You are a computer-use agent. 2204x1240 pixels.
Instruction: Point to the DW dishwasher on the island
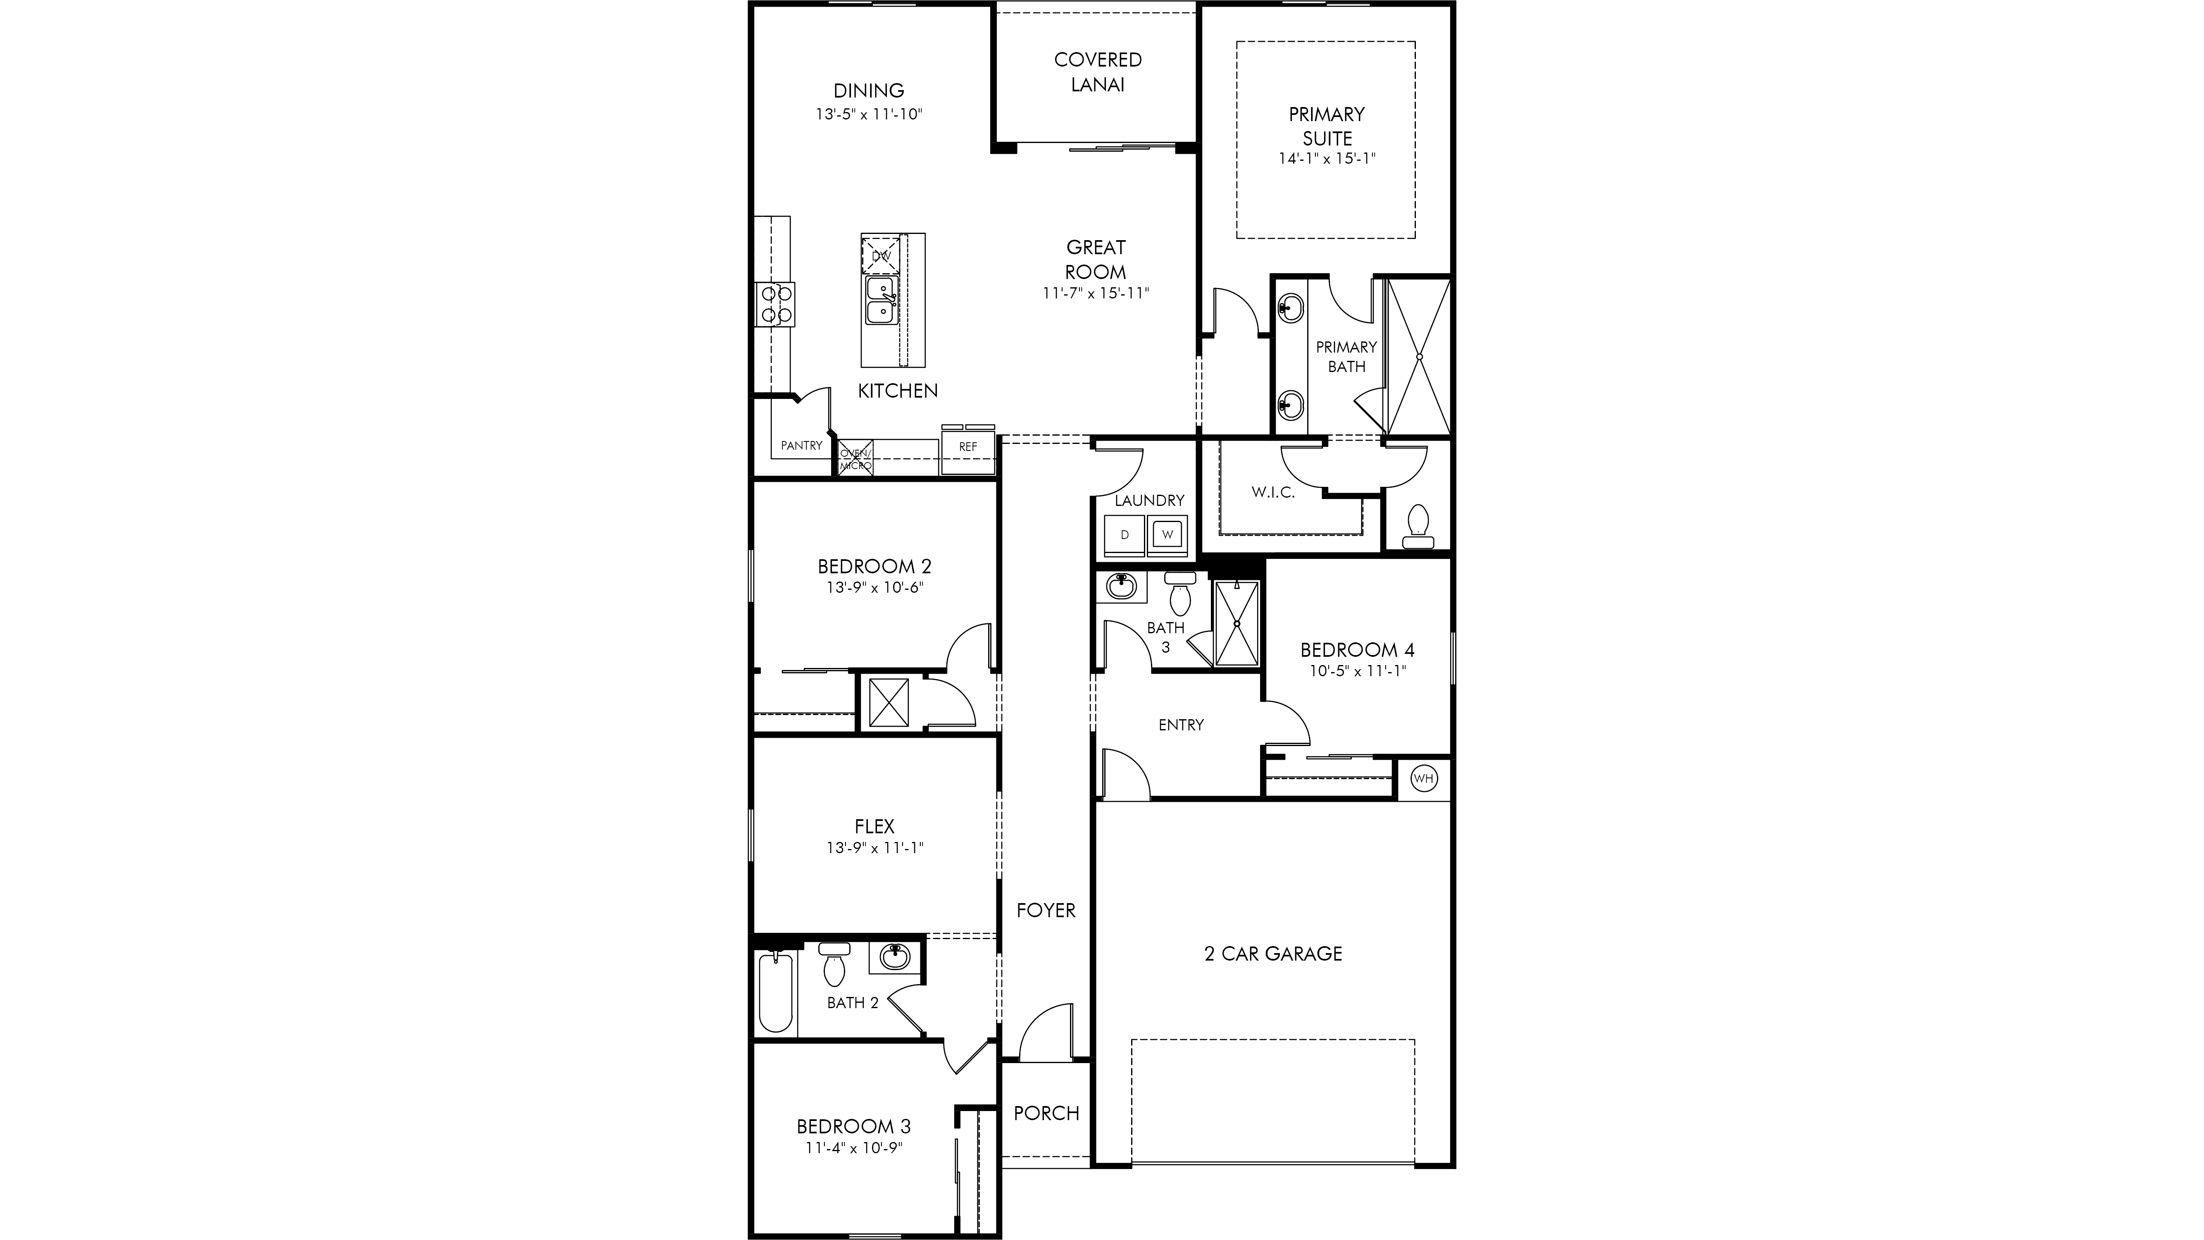[881, 254]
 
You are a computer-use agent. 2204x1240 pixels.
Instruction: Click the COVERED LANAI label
[1098, 72]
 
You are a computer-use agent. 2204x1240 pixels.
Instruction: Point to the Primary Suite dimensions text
[1327, 158]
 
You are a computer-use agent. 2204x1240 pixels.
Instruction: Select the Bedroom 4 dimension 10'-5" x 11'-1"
[1358, 671]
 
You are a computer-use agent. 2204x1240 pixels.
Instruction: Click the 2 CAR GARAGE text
[1273, 953]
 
